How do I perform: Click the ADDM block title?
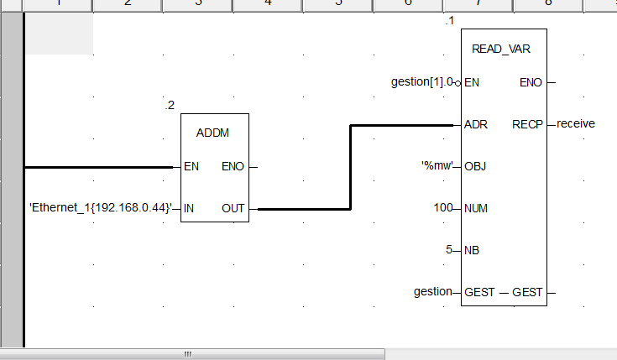pos(212,133)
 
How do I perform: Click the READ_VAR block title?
pos(501,49)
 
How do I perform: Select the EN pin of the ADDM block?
pos(191,166)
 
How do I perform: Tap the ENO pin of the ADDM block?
pos(233,166)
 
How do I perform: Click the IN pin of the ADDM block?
pos(189,208)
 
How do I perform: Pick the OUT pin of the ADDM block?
pos(233,208)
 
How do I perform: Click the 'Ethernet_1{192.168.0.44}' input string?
pos(100,207)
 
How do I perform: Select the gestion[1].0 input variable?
pos(422,82)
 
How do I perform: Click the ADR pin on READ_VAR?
pos(475,124)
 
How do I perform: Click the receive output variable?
pos(576,123)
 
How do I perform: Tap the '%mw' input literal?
pos(437,166)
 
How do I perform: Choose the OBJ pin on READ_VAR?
pos(475,166)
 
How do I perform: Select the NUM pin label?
pos(477,208)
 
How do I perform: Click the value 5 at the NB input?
pos(449,250)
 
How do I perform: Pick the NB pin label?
pos(473,250)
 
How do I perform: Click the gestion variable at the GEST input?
pos(433,292)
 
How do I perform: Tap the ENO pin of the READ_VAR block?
pos(531,82)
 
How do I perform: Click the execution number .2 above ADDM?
pos(170,106)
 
